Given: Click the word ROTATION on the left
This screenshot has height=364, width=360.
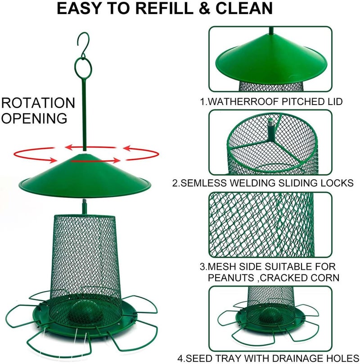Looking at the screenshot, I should pos(38,103).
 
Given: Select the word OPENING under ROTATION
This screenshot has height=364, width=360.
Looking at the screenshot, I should pos(34,118).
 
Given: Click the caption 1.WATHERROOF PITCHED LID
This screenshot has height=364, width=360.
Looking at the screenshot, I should pos(271,102).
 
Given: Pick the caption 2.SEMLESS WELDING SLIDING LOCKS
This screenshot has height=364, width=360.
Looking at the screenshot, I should pos(269,183).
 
